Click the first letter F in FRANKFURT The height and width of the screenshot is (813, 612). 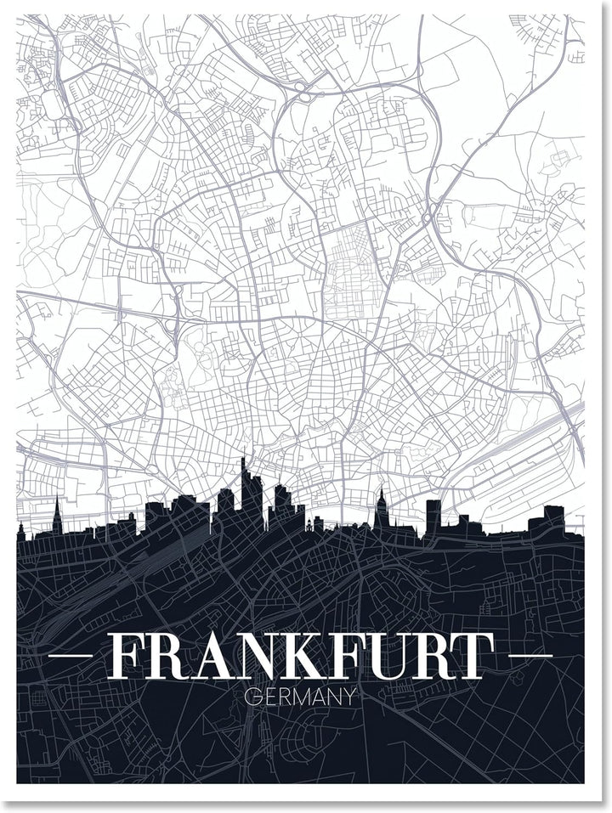127,656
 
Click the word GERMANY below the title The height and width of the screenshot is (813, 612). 298,697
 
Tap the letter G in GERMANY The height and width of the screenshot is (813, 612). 250,697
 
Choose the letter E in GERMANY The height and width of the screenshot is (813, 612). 265,697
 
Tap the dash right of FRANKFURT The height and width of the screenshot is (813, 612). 531,656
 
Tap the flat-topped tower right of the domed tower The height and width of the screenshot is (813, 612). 433,515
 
